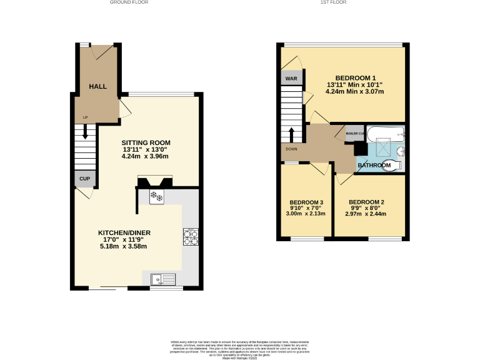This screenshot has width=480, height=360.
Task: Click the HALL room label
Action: click(97, 86)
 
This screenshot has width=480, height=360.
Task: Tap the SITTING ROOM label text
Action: click(146, 142)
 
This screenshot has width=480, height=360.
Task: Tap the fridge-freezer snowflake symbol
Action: click(156, 197)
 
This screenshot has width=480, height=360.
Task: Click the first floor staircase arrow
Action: click(292, 134)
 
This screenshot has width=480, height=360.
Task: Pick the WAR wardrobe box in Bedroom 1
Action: click(291, 79)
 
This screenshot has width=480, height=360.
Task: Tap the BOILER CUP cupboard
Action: click(355, 133)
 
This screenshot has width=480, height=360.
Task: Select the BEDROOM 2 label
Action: click(366, 202)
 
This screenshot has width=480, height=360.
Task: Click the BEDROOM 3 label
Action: click(306, 202)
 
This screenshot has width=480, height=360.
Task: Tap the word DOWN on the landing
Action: click(291, 149)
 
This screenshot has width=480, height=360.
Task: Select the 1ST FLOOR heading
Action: click(333, 2)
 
